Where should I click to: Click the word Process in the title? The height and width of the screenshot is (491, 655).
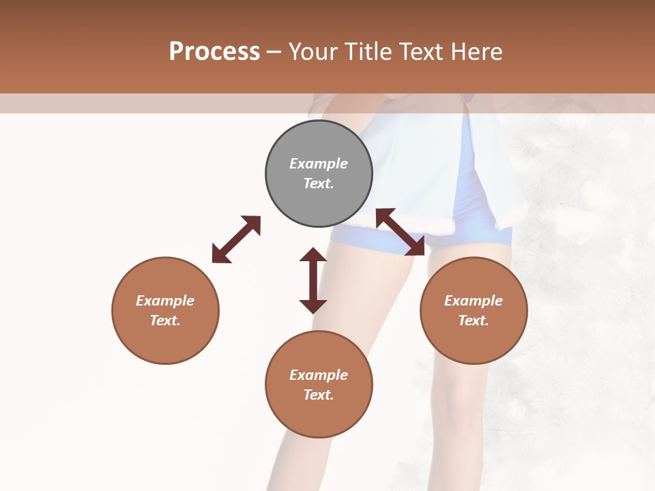pos(214,52)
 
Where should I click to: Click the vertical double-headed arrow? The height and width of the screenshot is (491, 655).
pos(313,280)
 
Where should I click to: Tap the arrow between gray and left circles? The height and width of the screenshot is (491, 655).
pos(236,239)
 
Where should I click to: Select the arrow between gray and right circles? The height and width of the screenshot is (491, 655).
pos(401,232)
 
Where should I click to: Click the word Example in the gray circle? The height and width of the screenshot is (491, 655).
pos(319,164)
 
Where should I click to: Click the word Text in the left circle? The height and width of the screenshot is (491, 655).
pos(165,321)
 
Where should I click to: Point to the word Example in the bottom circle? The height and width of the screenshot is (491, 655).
pos(319,375)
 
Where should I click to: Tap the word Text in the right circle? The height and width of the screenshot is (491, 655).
pos(474,321)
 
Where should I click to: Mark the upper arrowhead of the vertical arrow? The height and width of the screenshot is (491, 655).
pos(313,256)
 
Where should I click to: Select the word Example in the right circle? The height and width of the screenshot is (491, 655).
pos(474,301)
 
